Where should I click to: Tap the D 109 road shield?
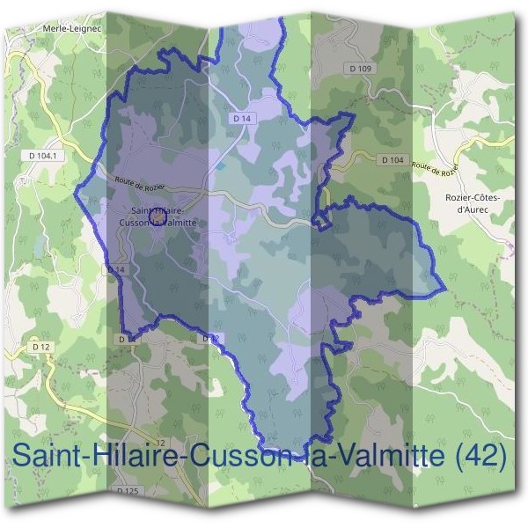coord(361,69)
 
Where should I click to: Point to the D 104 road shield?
coord(392,160)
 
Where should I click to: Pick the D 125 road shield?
coord(128,490)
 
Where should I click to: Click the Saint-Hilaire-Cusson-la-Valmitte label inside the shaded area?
coord(156,216)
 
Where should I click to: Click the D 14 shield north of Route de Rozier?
coord(242,117)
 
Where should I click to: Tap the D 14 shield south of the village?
coord(117,269)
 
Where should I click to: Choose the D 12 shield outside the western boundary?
coord(41,348)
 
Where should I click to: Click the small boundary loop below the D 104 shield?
coord(322,217)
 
